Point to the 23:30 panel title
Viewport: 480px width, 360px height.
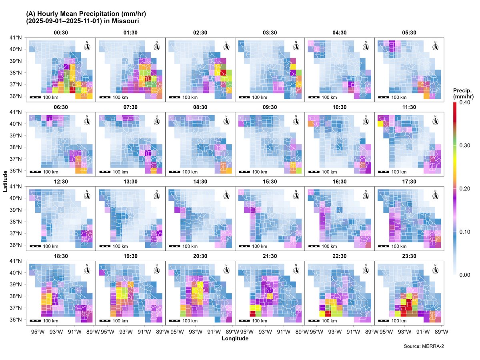coord(409,256)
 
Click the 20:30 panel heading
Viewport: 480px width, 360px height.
coord(200,256)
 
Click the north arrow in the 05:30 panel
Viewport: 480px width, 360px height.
coord(436,46)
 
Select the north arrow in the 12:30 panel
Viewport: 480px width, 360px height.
coord(87,195)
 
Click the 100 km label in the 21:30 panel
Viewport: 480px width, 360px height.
coord(260,321)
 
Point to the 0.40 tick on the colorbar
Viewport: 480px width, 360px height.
coord(465,103)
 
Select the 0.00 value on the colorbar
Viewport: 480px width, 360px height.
coord(465,275)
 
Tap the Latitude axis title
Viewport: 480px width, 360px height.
coord(5,181)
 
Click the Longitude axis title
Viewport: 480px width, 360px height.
coord(235,338)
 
